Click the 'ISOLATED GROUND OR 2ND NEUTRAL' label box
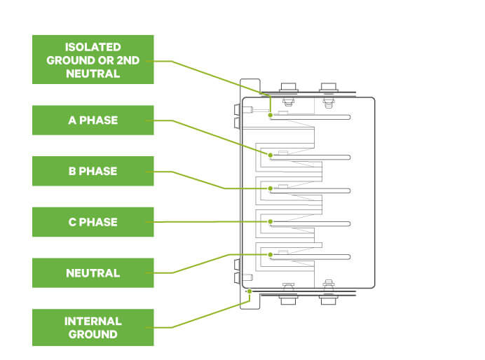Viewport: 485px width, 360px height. click(93, 60)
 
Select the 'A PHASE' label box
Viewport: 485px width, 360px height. click(93, 120)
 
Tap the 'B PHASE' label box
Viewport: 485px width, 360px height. click(93, 171)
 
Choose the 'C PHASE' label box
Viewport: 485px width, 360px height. click(93, 222)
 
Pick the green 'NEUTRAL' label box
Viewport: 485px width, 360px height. click(93, 272)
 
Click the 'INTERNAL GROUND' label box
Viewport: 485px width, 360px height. click(93, 327)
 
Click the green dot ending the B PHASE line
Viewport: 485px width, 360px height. click(270, 188)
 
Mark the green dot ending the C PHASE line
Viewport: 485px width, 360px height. click(270, 221)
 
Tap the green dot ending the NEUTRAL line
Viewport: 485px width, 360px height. click(270, 255)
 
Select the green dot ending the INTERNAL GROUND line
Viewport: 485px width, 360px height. click(249, 290)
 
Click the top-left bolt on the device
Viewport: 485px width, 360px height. click(287, 90)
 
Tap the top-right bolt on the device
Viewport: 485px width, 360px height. click(327, 90)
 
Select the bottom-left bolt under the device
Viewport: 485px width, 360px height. click(287, 297)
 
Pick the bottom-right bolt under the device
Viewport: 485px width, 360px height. click(327, 297)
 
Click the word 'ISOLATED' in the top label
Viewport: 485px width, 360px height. click(93, 48)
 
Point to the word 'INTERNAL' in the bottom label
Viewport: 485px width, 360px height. click(93, 321)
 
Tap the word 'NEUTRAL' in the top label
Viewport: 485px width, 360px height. click(93, 73)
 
